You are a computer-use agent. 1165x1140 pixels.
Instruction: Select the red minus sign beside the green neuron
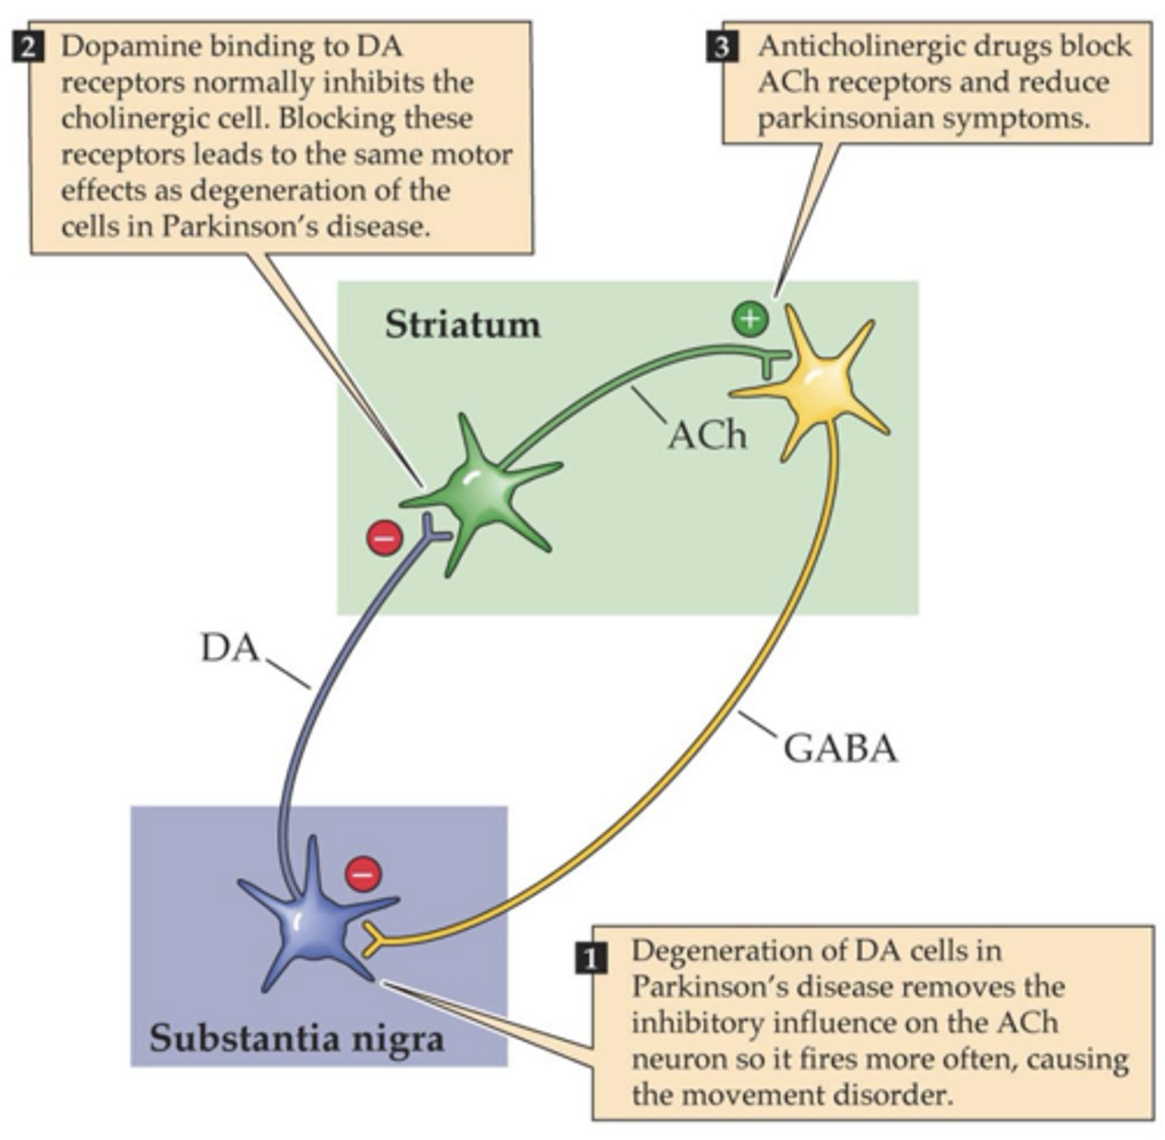[385, 538]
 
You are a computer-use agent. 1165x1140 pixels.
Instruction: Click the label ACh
[706, 434]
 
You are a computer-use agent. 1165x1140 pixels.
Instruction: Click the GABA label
[840, 749]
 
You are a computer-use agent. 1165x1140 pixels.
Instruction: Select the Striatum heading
[463, 325]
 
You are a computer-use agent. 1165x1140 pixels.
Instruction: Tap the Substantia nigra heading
[296, 1037]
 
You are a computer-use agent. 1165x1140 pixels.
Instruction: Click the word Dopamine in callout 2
[124, 47]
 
